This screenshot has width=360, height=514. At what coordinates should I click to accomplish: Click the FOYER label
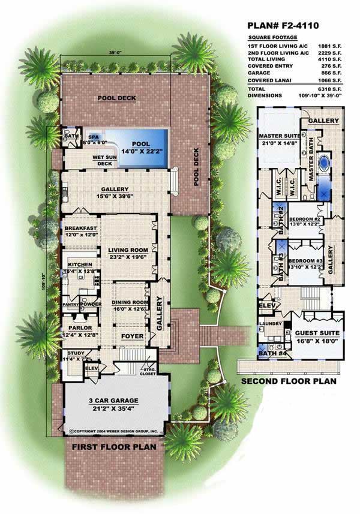pyautogui.click(x=133, y=336)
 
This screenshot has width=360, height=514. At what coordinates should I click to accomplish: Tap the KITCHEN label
pyautogui.click(x=79, y=264)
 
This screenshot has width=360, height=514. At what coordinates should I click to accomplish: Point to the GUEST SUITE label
pyautogui.click(x=317, y=332)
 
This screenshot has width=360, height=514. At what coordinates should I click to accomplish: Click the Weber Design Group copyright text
pyautogui.click(x=114, y=431)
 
